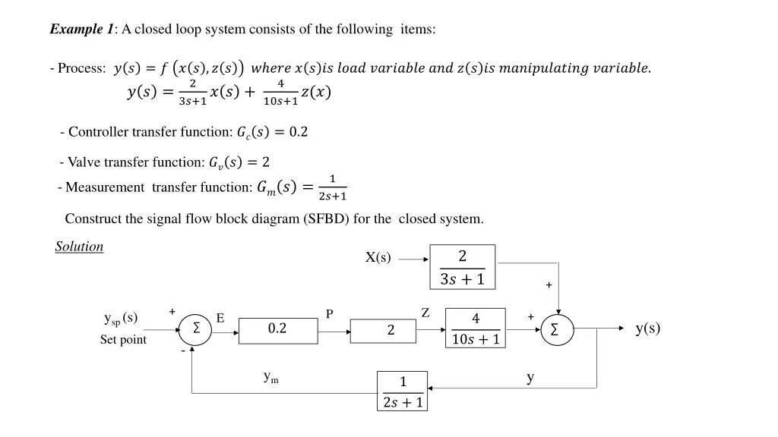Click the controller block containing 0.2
click(x=278, y=330)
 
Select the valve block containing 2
click(x=383, y=331)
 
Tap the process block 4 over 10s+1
click(x=475, y=329)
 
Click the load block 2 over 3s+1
click(x=462, y=267)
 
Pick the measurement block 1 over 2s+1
click(x=403, y=391)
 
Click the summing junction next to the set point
click(x=197, y=329)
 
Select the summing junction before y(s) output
click(x=558, y=330)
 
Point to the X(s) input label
click(x=378, y=258)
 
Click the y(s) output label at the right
click(x=647, y=328)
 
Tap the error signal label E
click(x=220, y=319)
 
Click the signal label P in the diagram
click(x=330, y=314)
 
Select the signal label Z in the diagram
click(x=425, y=313)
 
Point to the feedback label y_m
click(x=270, y=376)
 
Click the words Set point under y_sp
click(x=123, y=340)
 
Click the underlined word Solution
click(x=79, y=247)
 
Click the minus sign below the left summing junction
click(x=183, y=351)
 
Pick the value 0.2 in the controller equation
click(x=299, y=132)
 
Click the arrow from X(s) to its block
click(x=414, y=259)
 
